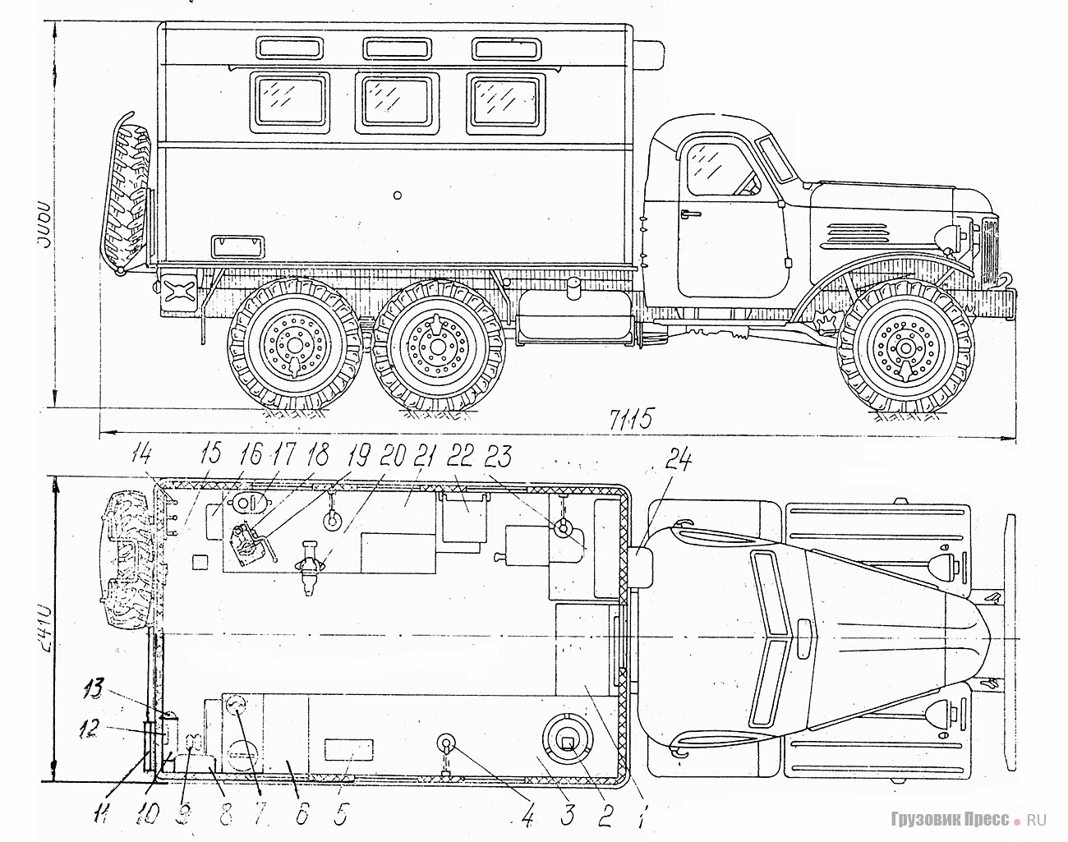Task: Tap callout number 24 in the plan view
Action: [678, 462]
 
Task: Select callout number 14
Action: [144, 452]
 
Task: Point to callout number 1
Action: [644, 815]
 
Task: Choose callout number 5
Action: [341, 816]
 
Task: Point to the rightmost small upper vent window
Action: [504, 48]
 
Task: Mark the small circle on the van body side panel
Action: [398, 196]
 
